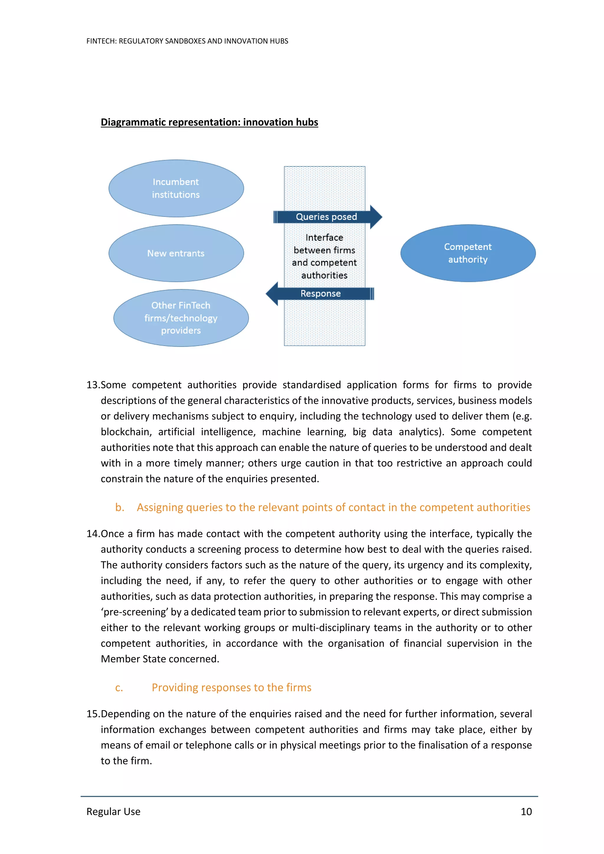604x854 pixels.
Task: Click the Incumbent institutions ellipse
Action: [x=176, y=188]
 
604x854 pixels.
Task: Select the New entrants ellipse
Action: [x=176, y=253]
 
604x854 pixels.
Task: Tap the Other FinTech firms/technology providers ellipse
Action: [x=181, y=318]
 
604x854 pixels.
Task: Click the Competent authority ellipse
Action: [x=468, y=253]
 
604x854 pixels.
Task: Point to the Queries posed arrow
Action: [x=326, y=217]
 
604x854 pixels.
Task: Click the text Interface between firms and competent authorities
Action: [x=324, y=257]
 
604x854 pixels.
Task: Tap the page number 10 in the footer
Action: [x=526, y=812]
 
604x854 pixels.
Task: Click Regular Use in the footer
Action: [x=113, y=812]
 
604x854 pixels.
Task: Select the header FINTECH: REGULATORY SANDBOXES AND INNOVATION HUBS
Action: [x=187, y=41]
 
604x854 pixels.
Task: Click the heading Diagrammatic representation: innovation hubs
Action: [x=209, y=122]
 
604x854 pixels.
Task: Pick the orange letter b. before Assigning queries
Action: [x=119, y=507]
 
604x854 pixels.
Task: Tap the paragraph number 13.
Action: [x=93, y=385]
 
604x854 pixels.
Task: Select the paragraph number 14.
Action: [x=93, y=534]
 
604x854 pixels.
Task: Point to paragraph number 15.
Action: [x=93, y=714]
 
